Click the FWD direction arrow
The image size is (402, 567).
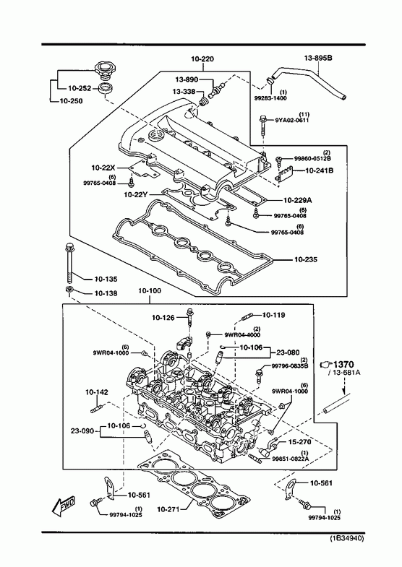64,505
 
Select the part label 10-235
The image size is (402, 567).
306,259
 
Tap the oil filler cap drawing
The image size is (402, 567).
105,71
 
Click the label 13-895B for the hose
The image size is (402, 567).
318,58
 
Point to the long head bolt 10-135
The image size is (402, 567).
69,263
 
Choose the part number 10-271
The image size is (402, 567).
168,509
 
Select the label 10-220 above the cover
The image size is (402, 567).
202,59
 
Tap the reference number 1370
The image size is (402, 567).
343,364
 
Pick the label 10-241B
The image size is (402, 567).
320,170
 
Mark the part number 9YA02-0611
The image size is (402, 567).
292,120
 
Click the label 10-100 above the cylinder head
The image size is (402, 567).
150,291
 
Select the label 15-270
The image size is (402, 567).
299,441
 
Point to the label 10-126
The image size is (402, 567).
163,318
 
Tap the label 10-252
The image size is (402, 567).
80,88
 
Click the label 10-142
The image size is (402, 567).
97,392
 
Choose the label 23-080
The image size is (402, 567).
288,352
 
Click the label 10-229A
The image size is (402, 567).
297,200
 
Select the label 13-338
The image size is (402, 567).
184,92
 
